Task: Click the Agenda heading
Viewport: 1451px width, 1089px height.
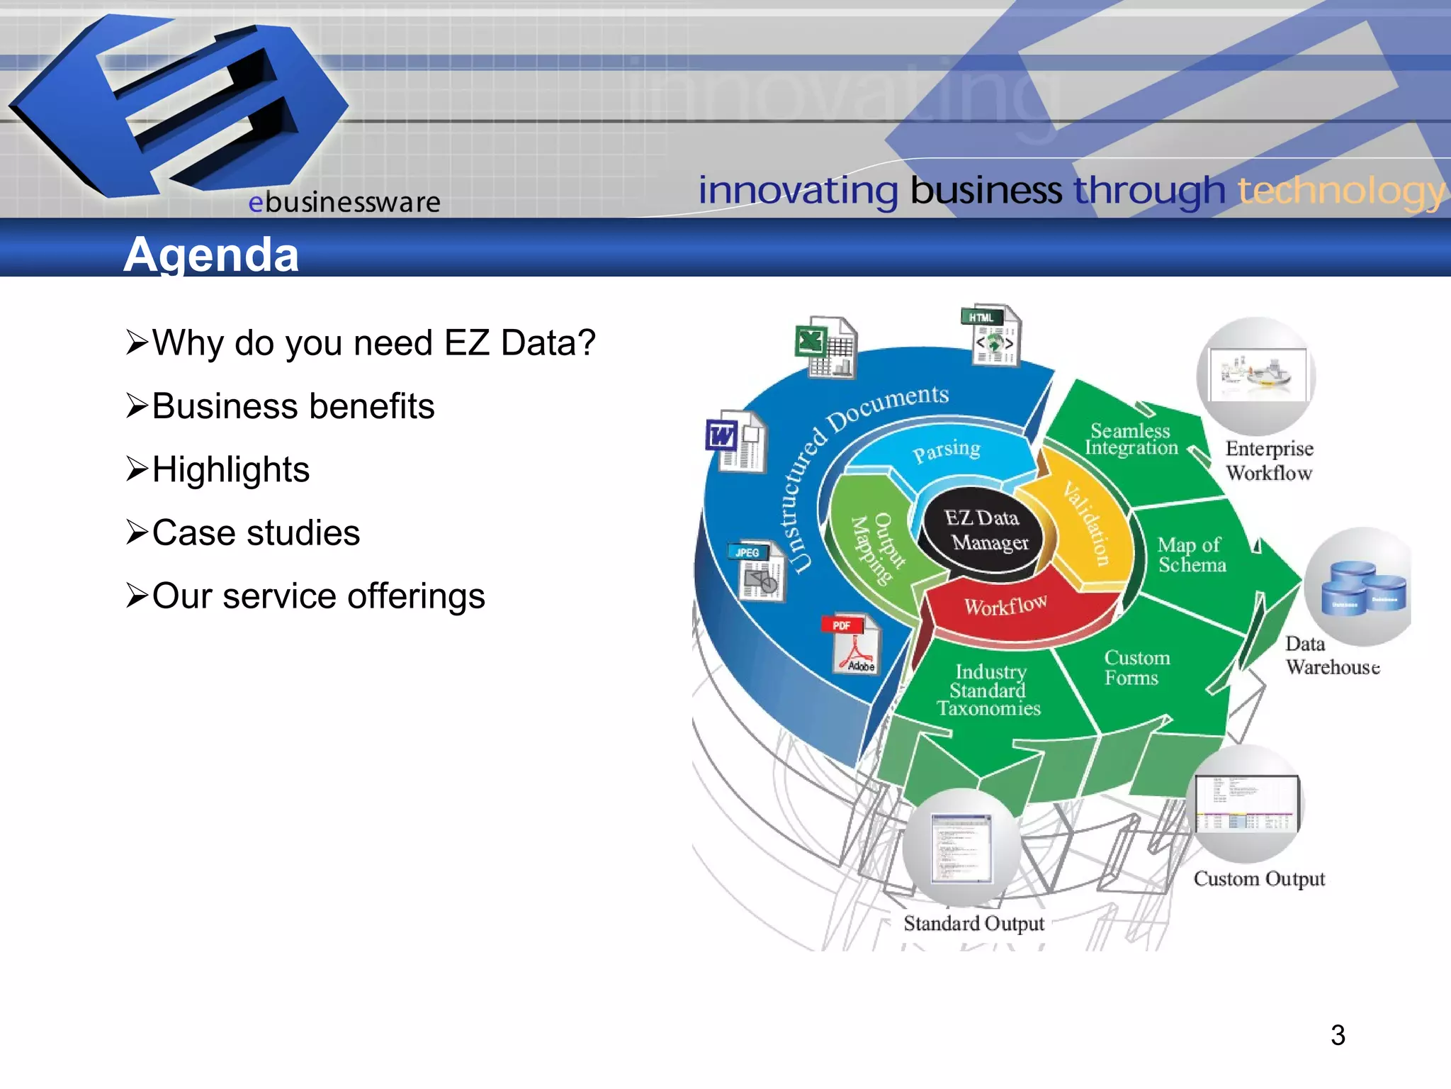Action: (x=211, y=255)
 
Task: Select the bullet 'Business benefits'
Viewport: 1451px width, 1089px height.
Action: (x=293, y=406)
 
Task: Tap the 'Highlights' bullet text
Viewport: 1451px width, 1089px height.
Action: (x=230, y=469)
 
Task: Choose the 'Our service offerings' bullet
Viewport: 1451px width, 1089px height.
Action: (x=318, y=596)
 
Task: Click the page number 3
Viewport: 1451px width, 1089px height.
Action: (x=1338, y=1035)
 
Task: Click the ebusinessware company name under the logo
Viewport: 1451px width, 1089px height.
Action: (x=344, y=203)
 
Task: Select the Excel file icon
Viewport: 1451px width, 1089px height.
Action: (x=825, y=347)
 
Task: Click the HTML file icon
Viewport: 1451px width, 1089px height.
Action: (x=991, y=335)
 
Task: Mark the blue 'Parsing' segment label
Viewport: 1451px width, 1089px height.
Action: (x=947, y=451)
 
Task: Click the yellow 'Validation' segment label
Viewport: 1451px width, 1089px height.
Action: (x=1086, y=523)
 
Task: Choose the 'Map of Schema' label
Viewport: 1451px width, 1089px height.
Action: (x=1191, y=554)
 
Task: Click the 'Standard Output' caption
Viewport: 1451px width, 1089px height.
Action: (x=973, y=923)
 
